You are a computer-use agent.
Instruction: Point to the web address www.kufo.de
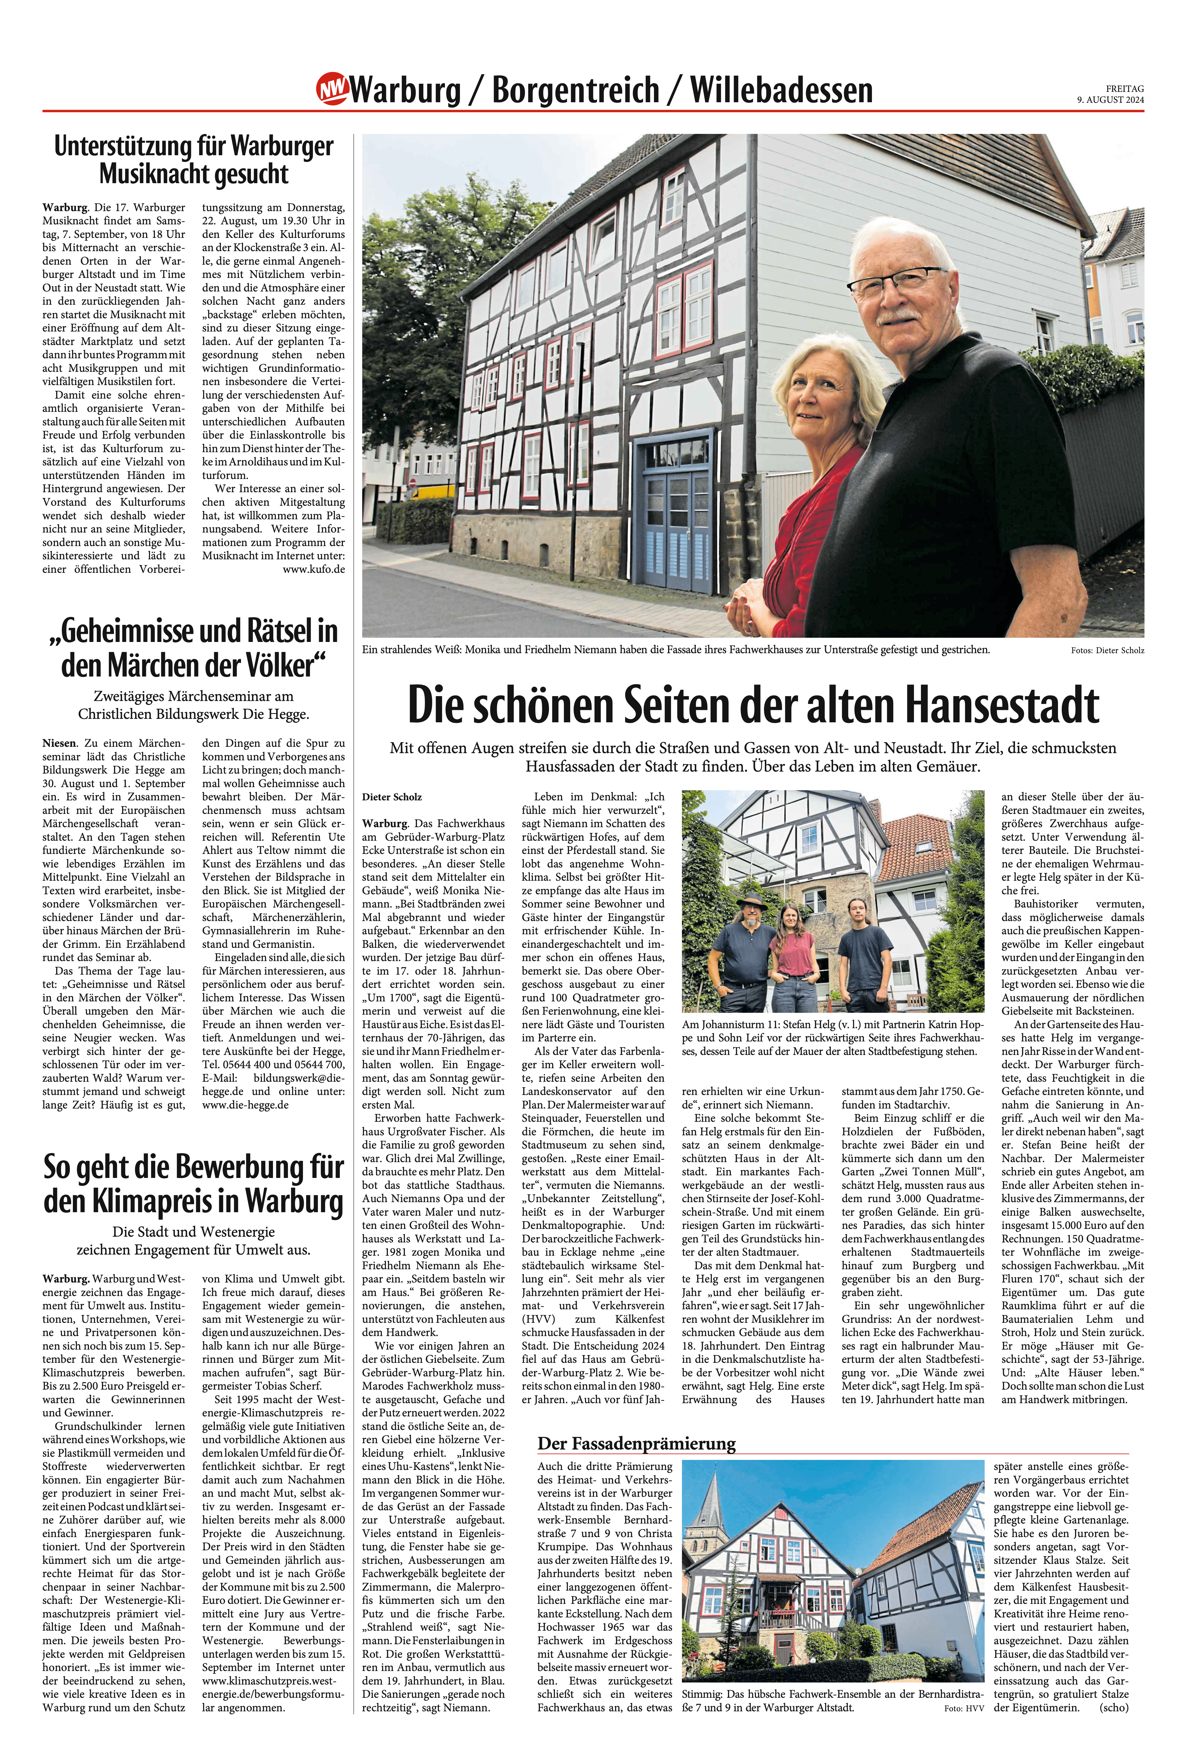(313, 569)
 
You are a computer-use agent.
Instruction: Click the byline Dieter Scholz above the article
(392, 797)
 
